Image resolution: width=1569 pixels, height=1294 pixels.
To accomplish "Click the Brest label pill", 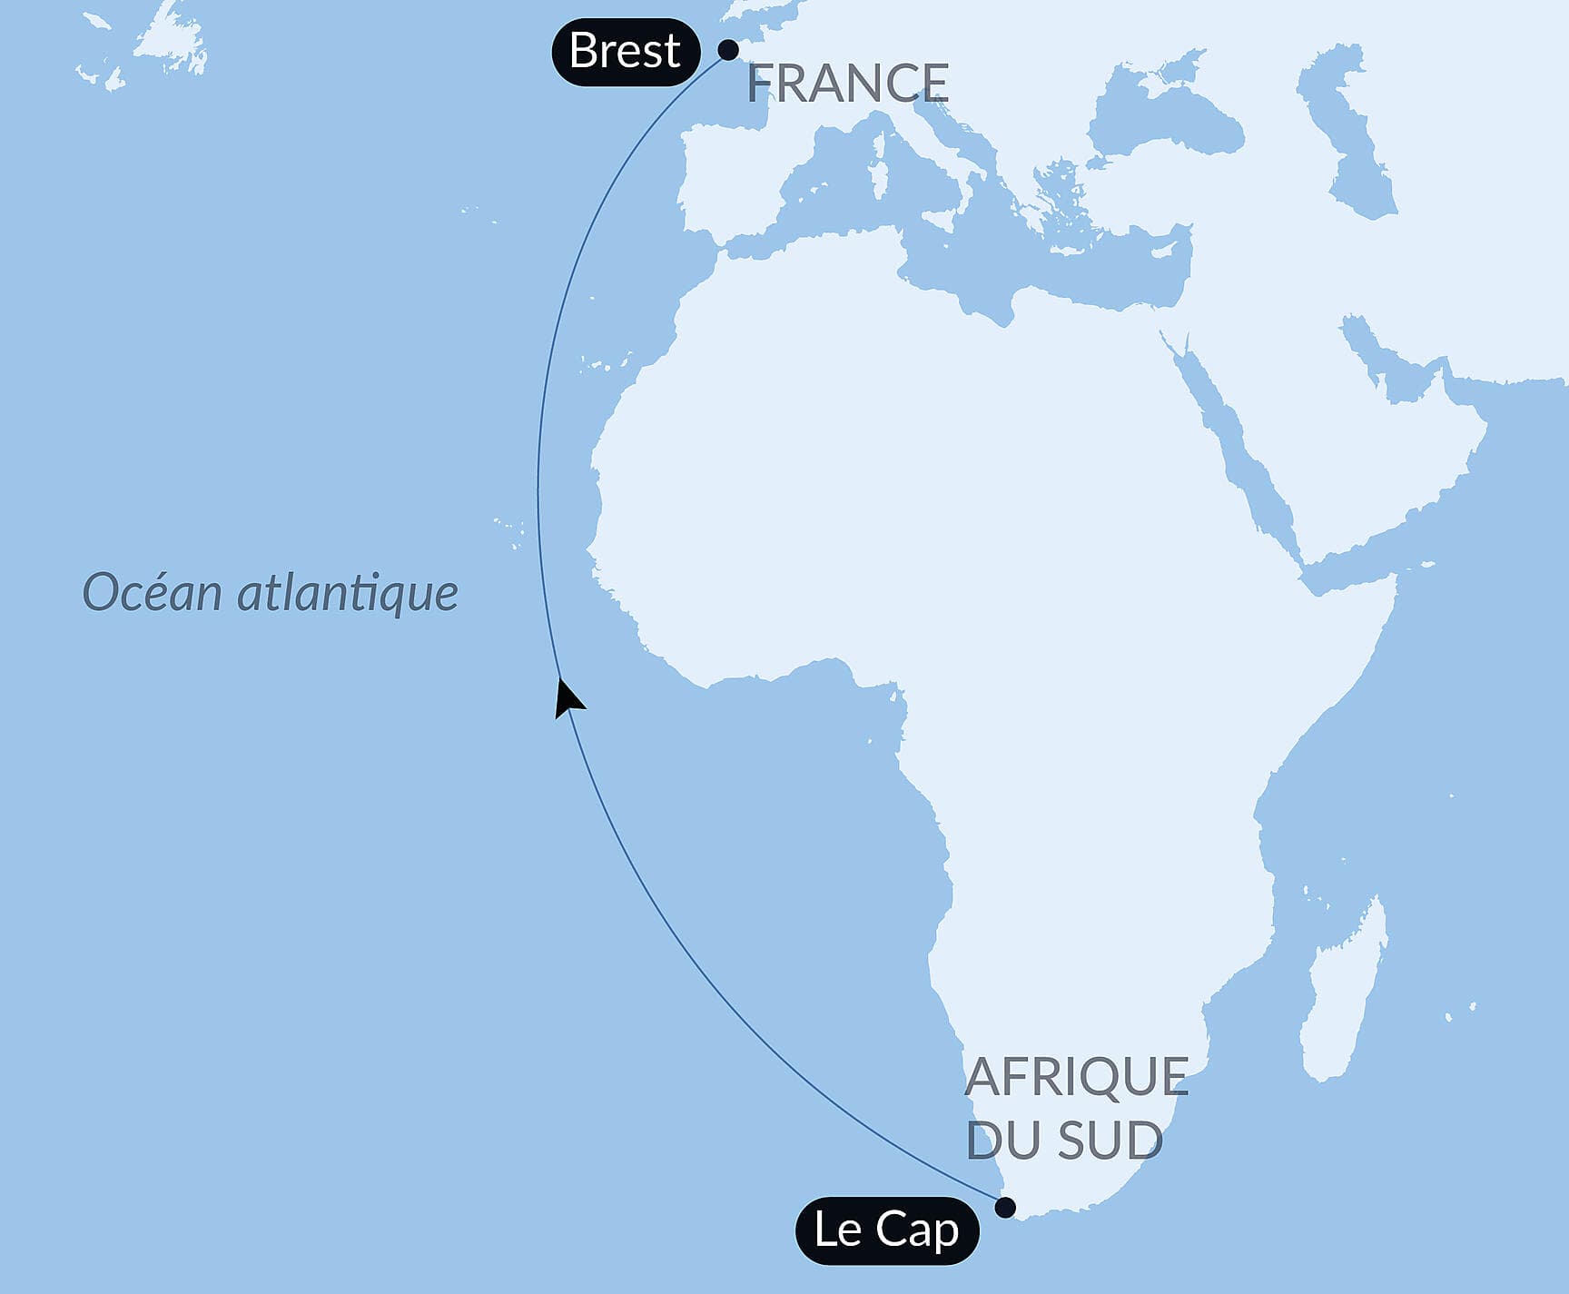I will [626, 52].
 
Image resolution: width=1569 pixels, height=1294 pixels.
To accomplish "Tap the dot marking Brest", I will [728, 50].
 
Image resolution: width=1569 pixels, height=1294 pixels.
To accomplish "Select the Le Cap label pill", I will [886, 1230].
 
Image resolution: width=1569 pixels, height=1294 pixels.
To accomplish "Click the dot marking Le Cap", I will [1005, 1207].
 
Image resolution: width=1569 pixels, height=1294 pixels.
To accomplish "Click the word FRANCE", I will [848, 84].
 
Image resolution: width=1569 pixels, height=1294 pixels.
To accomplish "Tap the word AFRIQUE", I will [1076, 1077].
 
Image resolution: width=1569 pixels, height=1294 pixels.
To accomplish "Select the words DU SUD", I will [1064, 1140].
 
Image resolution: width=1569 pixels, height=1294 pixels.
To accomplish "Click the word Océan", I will [153, 593].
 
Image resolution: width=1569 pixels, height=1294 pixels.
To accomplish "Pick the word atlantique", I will [348, 593].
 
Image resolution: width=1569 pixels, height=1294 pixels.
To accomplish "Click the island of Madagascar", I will [1342, 994].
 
